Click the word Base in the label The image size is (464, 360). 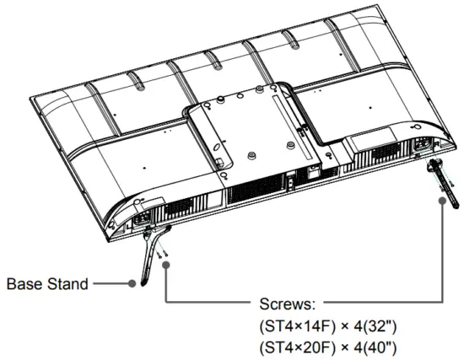coord(26,284)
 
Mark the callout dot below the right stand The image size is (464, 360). coord(443,203)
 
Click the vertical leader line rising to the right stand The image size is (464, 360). coord(443,253)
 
